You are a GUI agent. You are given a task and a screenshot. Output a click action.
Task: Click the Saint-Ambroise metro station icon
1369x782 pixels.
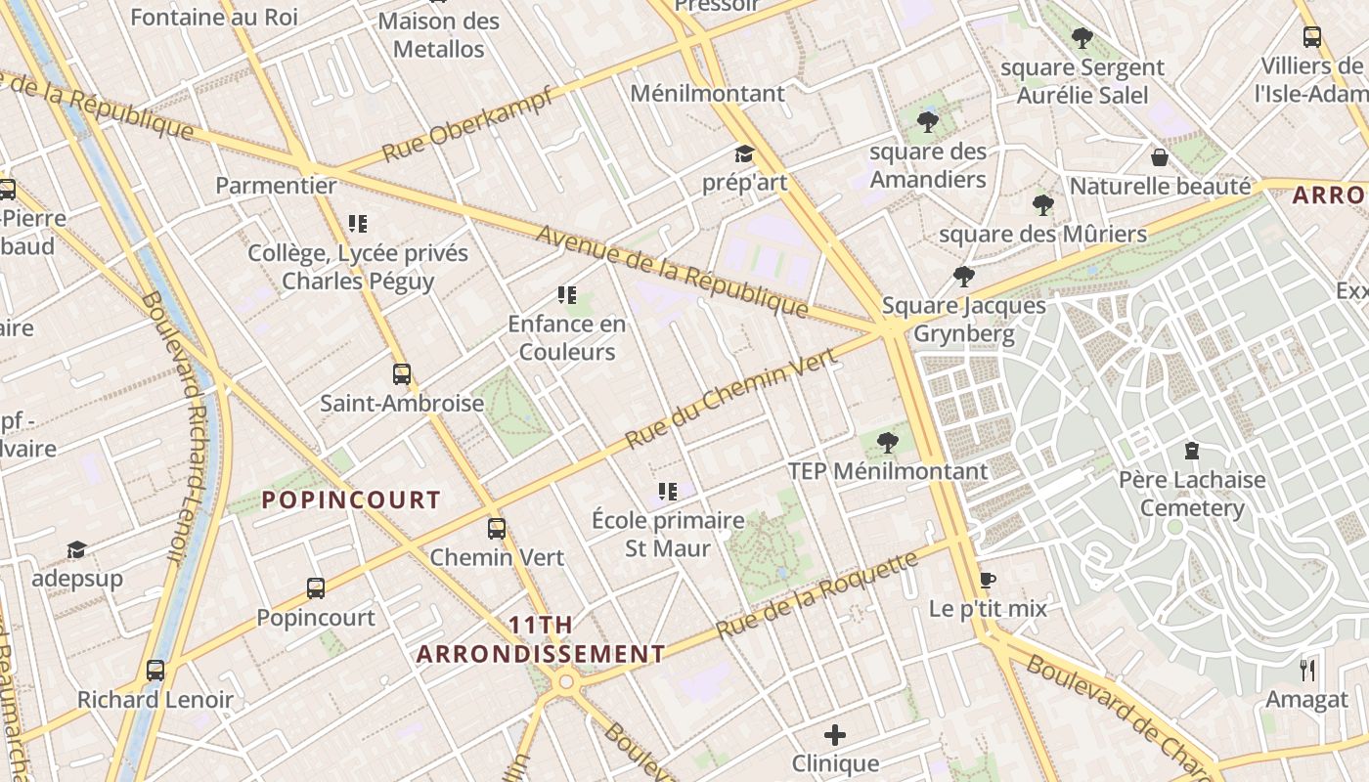pos(401,373)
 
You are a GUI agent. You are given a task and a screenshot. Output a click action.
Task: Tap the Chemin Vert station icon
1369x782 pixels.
pos(497,529)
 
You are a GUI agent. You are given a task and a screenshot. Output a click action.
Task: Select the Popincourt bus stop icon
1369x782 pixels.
pos(315,588)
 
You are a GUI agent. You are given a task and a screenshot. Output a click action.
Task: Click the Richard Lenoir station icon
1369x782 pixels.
pos(155,671)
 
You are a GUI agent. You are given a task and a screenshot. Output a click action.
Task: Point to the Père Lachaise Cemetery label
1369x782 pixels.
pos(1191,494)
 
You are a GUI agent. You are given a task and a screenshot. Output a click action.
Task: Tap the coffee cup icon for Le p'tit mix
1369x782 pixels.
pos(987,580)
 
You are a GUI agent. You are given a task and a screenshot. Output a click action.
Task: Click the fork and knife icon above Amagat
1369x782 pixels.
pos(1306,670)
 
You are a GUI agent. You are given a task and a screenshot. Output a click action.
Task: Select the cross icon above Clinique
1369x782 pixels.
pos(834,734)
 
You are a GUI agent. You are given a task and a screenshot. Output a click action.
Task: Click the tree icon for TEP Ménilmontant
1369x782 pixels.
pos(888,443)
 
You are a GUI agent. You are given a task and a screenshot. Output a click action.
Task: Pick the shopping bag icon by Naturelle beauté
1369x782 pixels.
pos(1160,157)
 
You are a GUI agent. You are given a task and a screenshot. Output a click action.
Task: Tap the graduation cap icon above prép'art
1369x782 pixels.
pos(744,154)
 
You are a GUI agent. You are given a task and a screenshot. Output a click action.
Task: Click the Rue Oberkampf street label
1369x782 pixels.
pos(468,125)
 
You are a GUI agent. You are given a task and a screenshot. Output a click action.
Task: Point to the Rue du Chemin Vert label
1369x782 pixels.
pos(730,398)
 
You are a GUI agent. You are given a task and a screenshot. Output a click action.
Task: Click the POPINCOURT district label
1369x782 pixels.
pos(351,500)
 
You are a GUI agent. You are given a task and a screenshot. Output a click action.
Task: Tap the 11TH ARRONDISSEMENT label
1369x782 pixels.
pos(541,639)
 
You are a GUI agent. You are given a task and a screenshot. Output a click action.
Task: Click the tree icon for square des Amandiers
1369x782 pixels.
pos(927,122)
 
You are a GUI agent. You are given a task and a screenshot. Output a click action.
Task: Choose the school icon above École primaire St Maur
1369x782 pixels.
pos(668,491)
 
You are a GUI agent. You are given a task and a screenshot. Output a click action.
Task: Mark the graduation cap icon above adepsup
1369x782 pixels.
pos(76,549)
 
